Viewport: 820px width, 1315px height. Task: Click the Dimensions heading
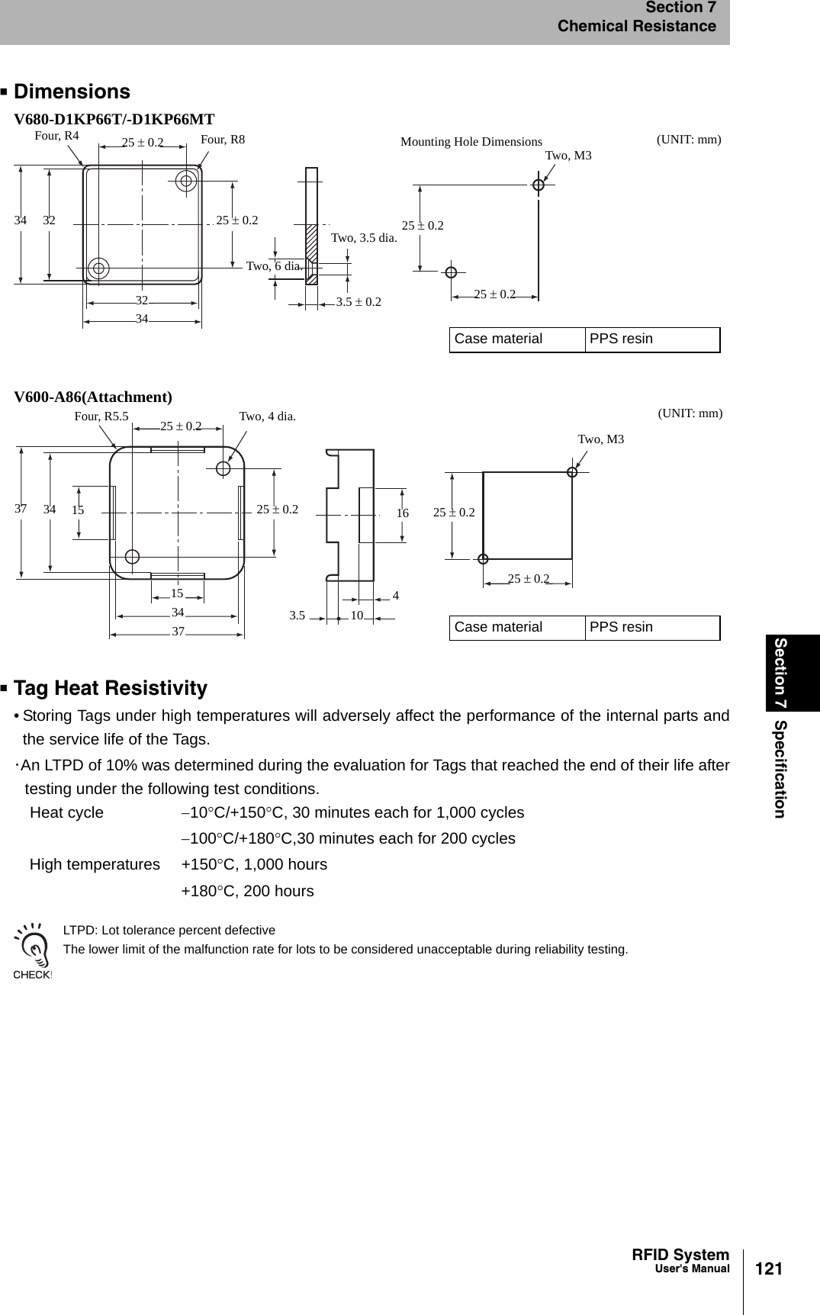pyautogui.click(x=72, y=92)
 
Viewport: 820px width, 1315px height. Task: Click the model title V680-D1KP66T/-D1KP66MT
pyautogui.click(x=114, y=119)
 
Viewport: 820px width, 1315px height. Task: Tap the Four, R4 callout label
pyautogui.click(x=57, y=136)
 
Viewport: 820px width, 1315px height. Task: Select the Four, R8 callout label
pyautogui.click(x=223, y=140)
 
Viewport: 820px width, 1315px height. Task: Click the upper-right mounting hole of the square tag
pyautogui.click(x=185, y=181)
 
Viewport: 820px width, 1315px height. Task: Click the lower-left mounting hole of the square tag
pyautogui.click(x=98, y=268)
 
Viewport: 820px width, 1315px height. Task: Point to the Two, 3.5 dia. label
pyautogui.click(x=364, y=238)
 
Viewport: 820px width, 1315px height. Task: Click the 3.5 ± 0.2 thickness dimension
pyautogui.click(x=359, y=302)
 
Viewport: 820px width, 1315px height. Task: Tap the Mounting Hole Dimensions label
pyautogui.click(x=471, y=142)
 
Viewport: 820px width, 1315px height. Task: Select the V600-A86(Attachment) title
pyautogui.click(x=93, y=397)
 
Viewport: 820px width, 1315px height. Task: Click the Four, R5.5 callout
pyautogui.click(x=101, y=416)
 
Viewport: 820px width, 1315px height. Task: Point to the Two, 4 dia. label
pyautogui.click(x=267, y=416)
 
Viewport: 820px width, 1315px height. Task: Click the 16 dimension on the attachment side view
pyautogui.click(x=403, y=514)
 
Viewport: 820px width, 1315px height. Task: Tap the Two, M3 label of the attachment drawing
pyautogui.click(x=600, y=439)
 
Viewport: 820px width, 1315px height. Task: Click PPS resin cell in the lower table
pyautogui.click(x=621, y=628)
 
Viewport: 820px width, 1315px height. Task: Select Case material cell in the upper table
pyautogui.click(x=498, y=339)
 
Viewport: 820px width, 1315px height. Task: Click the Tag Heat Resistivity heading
pyautogui.click(x=110, y=689)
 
